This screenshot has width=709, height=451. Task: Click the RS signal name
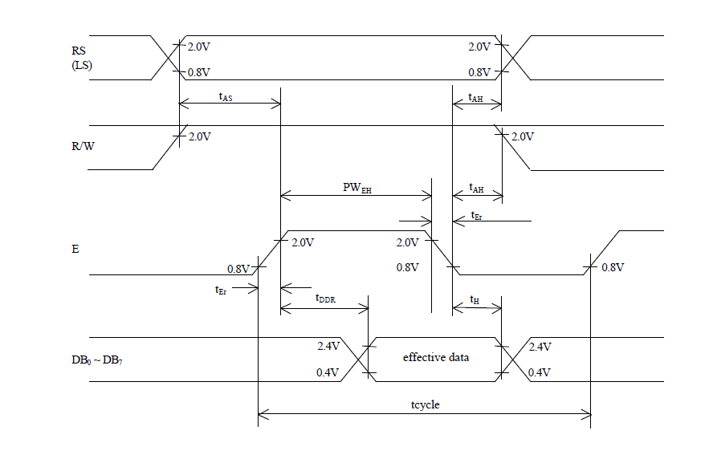click(x=78, y=51)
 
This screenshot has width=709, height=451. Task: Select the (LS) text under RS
click(x=82, y=65)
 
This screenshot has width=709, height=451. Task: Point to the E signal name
click(x=75, y=250)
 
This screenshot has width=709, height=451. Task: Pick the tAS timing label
click(x=226, y=96)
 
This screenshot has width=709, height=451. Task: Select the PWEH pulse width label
click(x=357, y=189)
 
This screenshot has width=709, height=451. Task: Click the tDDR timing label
click(x=324, y=299)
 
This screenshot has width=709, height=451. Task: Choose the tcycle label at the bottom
click(x=424, y=404)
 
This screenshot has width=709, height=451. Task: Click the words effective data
click(x=435, y=357)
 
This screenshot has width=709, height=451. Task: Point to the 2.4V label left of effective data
click(x=329, y=347)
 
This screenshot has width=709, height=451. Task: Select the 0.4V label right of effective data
click(x=540, y=373)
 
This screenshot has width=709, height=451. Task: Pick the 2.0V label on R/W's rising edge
click(x=199, y=137)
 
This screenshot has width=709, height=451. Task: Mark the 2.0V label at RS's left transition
click(x=199, y=47)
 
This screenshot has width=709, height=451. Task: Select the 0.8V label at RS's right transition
click(x=479, y=72)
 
